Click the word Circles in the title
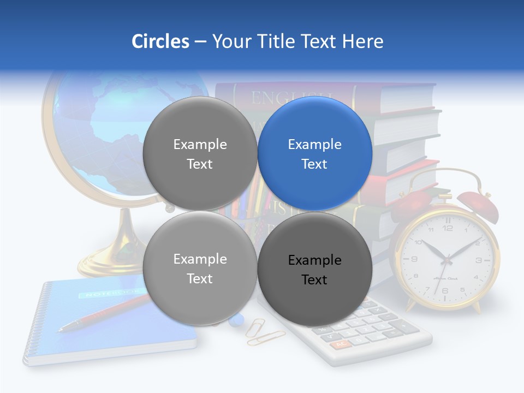click(x=160, y=41)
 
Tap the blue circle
click(x=315, y=154)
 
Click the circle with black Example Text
click(x=315, y=270)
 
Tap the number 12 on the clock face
click(x=448, y=228)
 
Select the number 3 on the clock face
click(x=478, y=260)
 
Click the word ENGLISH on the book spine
click(x=284, y=98)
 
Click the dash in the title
click(x=200, y=41)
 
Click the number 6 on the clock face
click(x=445, y=290)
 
